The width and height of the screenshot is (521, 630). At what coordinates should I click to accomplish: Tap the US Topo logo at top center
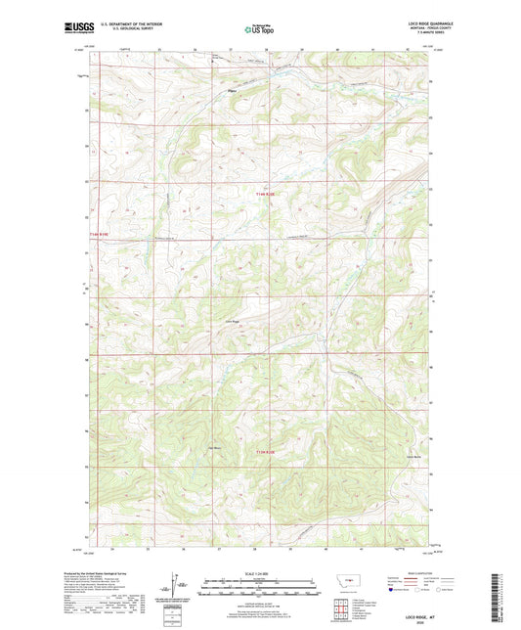pos(258,30)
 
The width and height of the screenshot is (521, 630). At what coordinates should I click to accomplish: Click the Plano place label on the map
pos(232,93)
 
